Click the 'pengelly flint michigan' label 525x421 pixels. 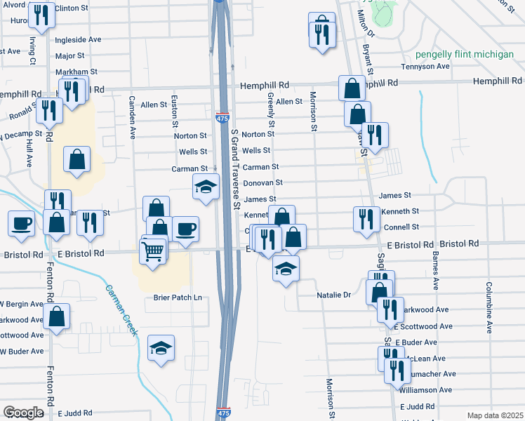[464, 54]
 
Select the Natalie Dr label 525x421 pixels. [333, 295]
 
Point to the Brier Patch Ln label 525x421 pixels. [178, 298]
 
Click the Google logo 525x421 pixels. [23, 413]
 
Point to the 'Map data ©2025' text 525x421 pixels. [495, 415]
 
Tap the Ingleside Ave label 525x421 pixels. [79, 40]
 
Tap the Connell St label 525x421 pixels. [401, 227]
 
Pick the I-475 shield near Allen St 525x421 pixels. [222, 119]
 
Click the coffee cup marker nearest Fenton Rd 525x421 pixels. [21, 222]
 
